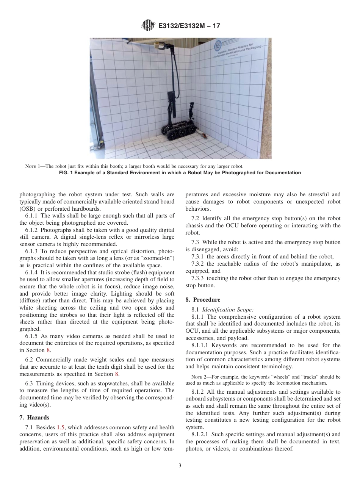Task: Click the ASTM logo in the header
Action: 147,26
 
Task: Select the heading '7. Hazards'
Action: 34,417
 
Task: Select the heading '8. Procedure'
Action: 203,300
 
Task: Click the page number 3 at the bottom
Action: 180,465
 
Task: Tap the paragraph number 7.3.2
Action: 199,264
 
